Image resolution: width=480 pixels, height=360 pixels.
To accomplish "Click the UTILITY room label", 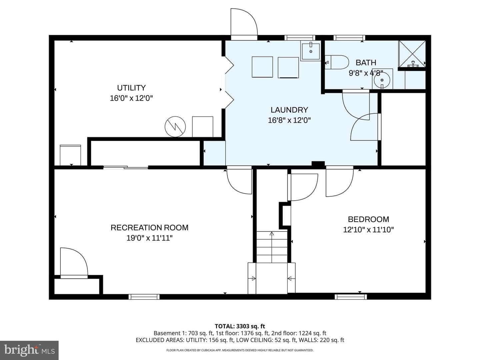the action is [131, 88].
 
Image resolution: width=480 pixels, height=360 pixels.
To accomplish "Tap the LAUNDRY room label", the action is [289, 110].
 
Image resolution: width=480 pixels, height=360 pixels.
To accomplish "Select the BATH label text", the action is [366, 63].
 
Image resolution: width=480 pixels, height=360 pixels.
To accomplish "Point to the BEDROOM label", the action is [368, 219].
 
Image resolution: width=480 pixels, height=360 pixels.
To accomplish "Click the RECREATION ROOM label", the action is [149, 228].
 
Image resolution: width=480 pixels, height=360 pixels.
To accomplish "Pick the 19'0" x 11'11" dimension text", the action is [150, 238].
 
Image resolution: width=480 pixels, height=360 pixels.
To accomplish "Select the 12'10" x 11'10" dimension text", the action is [368, 230].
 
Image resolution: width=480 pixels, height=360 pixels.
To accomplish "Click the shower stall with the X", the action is [412, 54].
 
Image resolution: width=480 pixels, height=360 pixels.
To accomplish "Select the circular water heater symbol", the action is [175, 127].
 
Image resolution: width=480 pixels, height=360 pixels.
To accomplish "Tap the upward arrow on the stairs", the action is [272, 247].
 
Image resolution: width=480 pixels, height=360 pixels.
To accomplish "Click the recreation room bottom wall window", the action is [144, 297].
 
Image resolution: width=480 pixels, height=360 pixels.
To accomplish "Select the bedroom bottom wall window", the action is [351, 297].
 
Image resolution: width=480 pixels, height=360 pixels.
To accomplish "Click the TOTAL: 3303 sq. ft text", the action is [240, 326].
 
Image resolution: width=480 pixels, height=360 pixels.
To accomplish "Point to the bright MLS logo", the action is [29, 350].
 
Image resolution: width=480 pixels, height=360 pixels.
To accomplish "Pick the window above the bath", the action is [349, 38].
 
